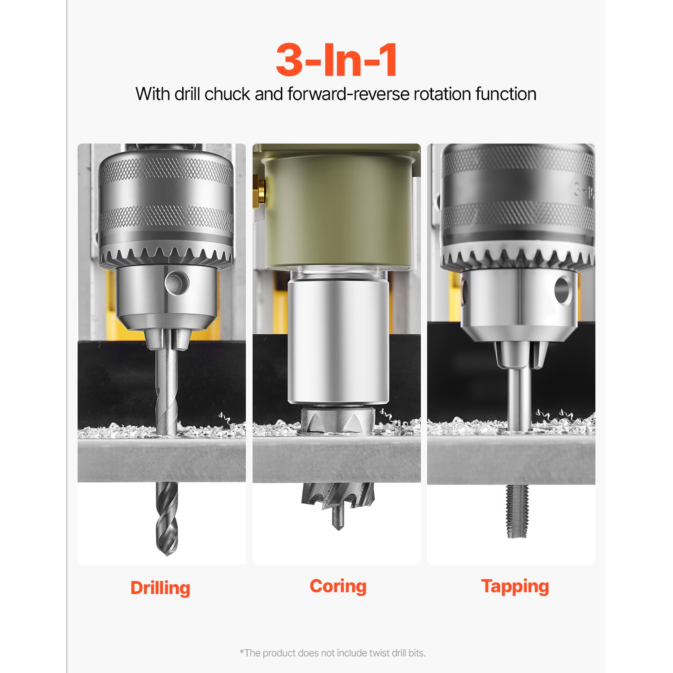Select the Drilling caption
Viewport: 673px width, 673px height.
pyautogui.click(x=160, y=588)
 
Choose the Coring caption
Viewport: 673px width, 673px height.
pyautogui.click(x=338, y=586)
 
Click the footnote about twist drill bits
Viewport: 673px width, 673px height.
pyautogui.click(x=332, y=653)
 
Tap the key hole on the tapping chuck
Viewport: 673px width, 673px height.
pyautogui.click(x=563, y=289)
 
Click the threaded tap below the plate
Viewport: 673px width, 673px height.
pyautogui.click(x=517, y=511)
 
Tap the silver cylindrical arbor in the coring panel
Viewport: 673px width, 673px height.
pyautogui.click(x=337, y=341)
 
